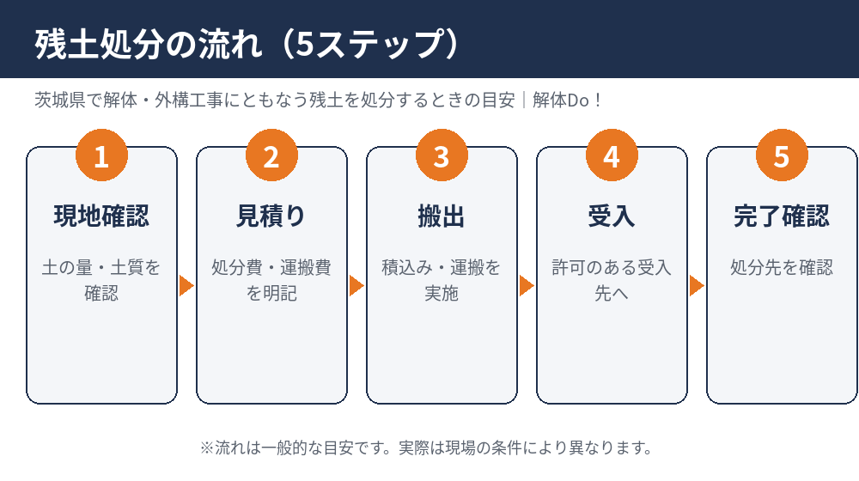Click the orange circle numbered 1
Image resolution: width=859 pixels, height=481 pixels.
click(x=102, y=155)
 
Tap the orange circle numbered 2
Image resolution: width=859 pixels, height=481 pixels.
click(x=271, y=155)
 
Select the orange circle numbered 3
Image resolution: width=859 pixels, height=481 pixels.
click(x=442, y=155)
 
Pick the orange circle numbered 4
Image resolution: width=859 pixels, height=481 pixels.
click(x=612, y=155)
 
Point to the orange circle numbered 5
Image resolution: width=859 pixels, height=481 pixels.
click(x=782, y=155)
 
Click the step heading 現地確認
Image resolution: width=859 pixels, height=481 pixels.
click(x=102, y=216)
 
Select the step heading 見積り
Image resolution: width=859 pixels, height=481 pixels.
click(x=271, y=216)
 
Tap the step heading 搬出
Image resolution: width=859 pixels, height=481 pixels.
click(x=442, y=216)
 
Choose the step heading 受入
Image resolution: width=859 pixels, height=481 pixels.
click(x=612, y=216)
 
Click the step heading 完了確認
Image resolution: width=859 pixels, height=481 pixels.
click(x=782, y=216)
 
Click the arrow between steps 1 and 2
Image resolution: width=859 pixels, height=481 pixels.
click(x=186, y=285)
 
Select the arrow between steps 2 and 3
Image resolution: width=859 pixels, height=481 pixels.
click(x=356, y=285)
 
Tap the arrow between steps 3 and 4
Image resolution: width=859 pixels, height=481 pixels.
click(x=527, y=285)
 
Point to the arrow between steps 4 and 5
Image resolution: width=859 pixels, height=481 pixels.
click(x=697, y=285)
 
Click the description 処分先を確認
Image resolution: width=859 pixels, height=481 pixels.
click(x=782, y=267)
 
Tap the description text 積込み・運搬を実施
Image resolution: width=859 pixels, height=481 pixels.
click(x=442, y=281)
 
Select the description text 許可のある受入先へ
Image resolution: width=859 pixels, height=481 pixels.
click(x=612, y=281)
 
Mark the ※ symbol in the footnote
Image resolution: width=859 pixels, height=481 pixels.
click(x=206, y=448)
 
